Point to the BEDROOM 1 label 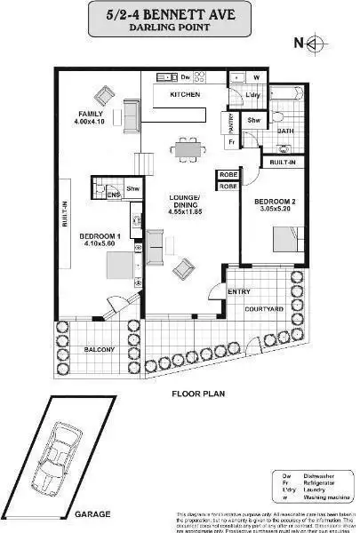pyautogui.click(x=95, y=235)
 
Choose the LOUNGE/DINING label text pyautogui.click(x=186, y=202)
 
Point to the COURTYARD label pyautogui.click(x=264, y=308)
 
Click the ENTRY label pyautogui.click(x=239, y=291)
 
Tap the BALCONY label pyautogui.click(x=100, y=350)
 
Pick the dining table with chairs pyautogui.click(x=186, y=150)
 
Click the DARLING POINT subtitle pyautogui.click(x=179, y=28)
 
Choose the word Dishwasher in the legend pyautogui.click(x=314, y=477)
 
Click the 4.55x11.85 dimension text pyautogui.click(x=186, y=213)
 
